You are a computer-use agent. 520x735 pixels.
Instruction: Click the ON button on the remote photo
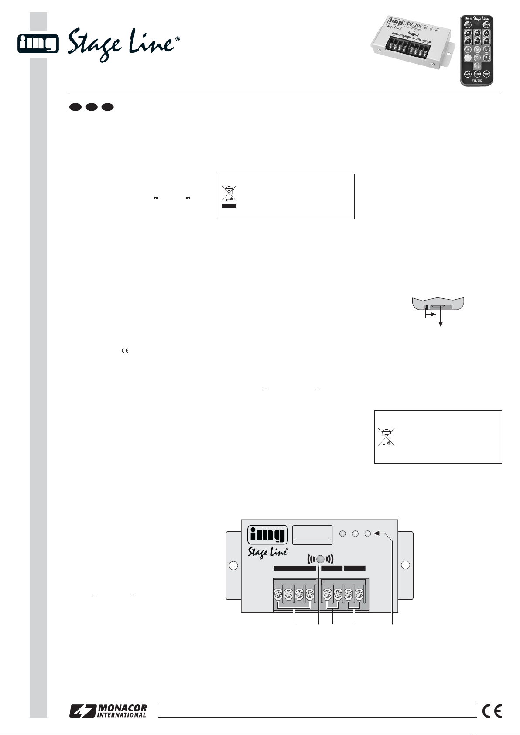coord(467,24)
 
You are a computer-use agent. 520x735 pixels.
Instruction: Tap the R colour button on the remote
coord(468,49)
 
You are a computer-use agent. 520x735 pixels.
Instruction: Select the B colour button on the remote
coord(486,49)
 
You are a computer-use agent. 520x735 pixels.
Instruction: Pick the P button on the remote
coord(486,57)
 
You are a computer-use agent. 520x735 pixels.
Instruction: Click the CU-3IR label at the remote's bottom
coord(477,81)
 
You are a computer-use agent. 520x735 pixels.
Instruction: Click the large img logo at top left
coord(38,44)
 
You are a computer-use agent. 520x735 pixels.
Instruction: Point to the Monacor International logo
coord(108,711)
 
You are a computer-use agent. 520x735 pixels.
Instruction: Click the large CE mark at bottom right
coord(493,711)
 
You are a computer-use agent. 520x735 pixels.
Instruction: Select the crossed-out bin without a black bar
coord(386,437)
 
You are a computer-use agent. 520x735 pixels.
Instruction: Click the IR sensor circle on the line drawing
coord(321,560)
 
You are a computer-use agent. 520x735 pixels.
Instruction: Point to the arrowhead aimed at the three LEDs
coord(377,533)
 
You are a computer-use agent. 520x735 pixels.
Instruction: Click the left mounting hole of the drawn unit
coord(233,566)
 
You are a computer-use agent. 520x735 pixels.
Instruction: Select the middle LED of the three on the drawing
coord(356,533)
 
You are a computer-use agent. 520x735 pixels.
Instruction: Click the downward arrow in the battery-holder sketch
coord(441,321)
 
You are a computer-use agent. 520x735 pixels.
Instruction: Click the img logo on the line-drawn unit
coord(267,535)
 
